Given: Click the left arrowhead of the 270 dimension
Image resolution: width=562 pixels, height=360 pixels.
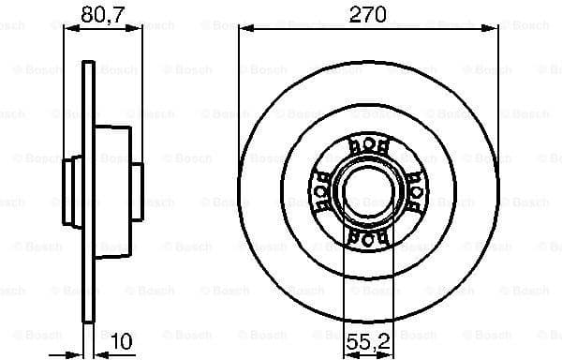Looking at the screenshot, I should (244, 27).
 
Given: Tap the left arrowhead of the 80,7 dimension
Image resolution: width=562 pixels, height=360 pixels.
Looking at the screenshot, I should (68, 27).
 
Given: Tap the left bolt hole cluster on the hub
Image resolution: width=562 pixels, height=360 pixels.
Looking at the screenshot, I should (321, 192).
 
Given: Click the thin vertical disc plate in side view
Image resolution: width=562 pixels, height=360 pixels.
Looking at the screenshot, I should (89, 187).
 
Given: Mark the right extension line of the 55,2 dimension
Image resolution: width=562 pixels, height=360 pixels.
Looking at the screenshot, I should (390, 281).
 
